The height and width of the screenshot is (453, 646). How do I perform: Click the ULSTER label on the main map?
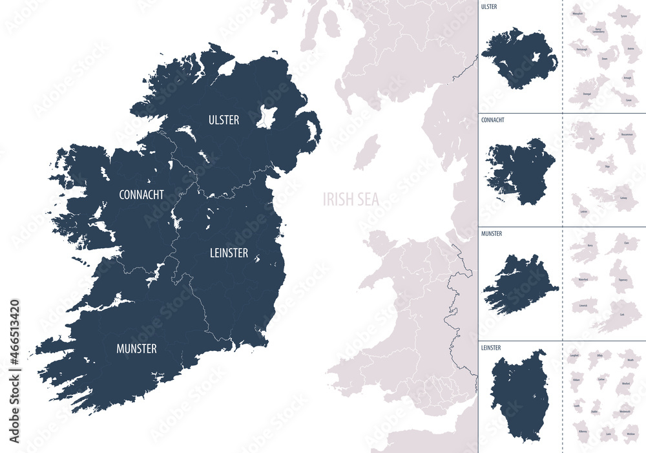[224, 120]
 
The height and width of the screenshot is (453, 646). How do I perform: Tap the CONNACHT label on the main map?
[141, 194]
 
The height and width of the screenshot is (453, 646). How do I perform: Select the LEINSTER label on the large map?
[229, 253]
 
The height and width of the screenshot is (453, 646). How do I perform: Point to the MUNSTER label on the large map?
[136, 349]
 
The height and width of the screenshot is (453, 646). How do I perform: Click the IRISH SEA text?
[351, 199]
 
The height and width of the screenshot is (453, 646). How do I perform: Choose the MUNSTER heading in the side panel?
[492, 233]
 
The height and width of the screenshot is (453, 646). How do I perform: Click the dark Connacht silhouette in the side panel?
[520, 171]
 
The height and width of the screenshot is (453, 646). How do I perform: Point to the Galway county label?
[623, 207]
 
